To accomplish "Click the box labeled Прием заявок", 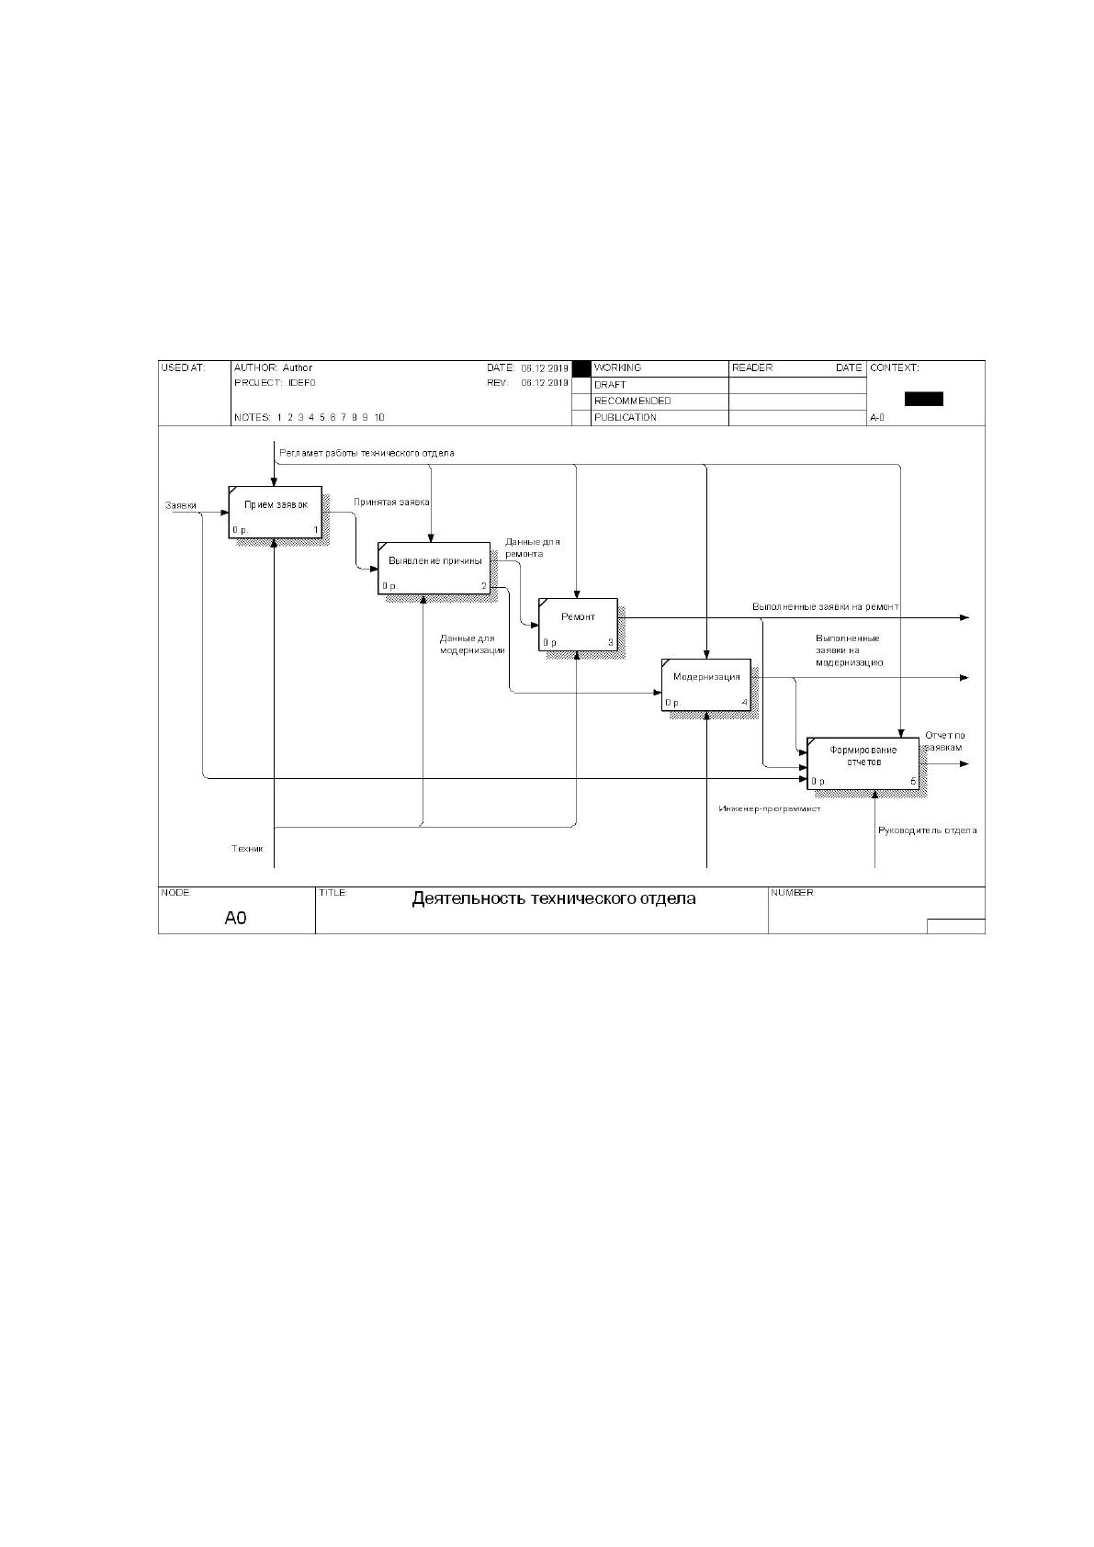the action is (x=275, y=512).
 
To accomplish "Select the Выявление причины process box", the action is (x=434, y=568).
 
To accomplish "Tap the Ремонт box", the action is (x=578, y=625).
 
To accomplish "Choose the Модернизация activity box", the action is (x=705, y=684).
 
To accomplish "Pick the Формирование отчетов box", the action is (x=863, y=763).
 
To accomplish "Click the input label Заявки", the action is (x=180, y=505).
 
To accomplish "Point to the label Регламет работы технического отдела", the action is (x=367, y=453).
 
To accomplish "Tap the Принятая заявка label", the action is (x=391, y=502).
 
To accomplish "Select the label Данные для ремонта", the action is (x=532, y=548).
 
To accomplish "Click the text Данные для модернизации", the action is (x=472, y=644).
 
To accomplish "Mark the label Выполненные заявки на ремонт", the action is (x=826, y=607).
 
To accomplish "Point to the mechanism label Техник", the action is (x=247, y=848).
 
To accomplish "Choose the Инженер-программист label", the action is (x=770, y=808).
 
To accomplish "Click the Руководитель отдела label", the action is (x=927, y=830).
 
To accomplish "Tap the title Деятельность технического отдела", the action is (x=554, y=898).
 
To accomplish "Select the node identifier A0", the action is (x=235, y=918).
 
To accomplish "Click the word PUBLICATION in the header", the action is (x=625, y=417).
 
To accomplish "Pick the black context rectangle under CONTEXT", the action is (x=923, y=399).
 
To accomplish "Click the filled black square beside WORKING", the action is (x=581, y=368).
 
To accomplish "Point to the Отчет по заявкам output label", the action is (x=944, y=741).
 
